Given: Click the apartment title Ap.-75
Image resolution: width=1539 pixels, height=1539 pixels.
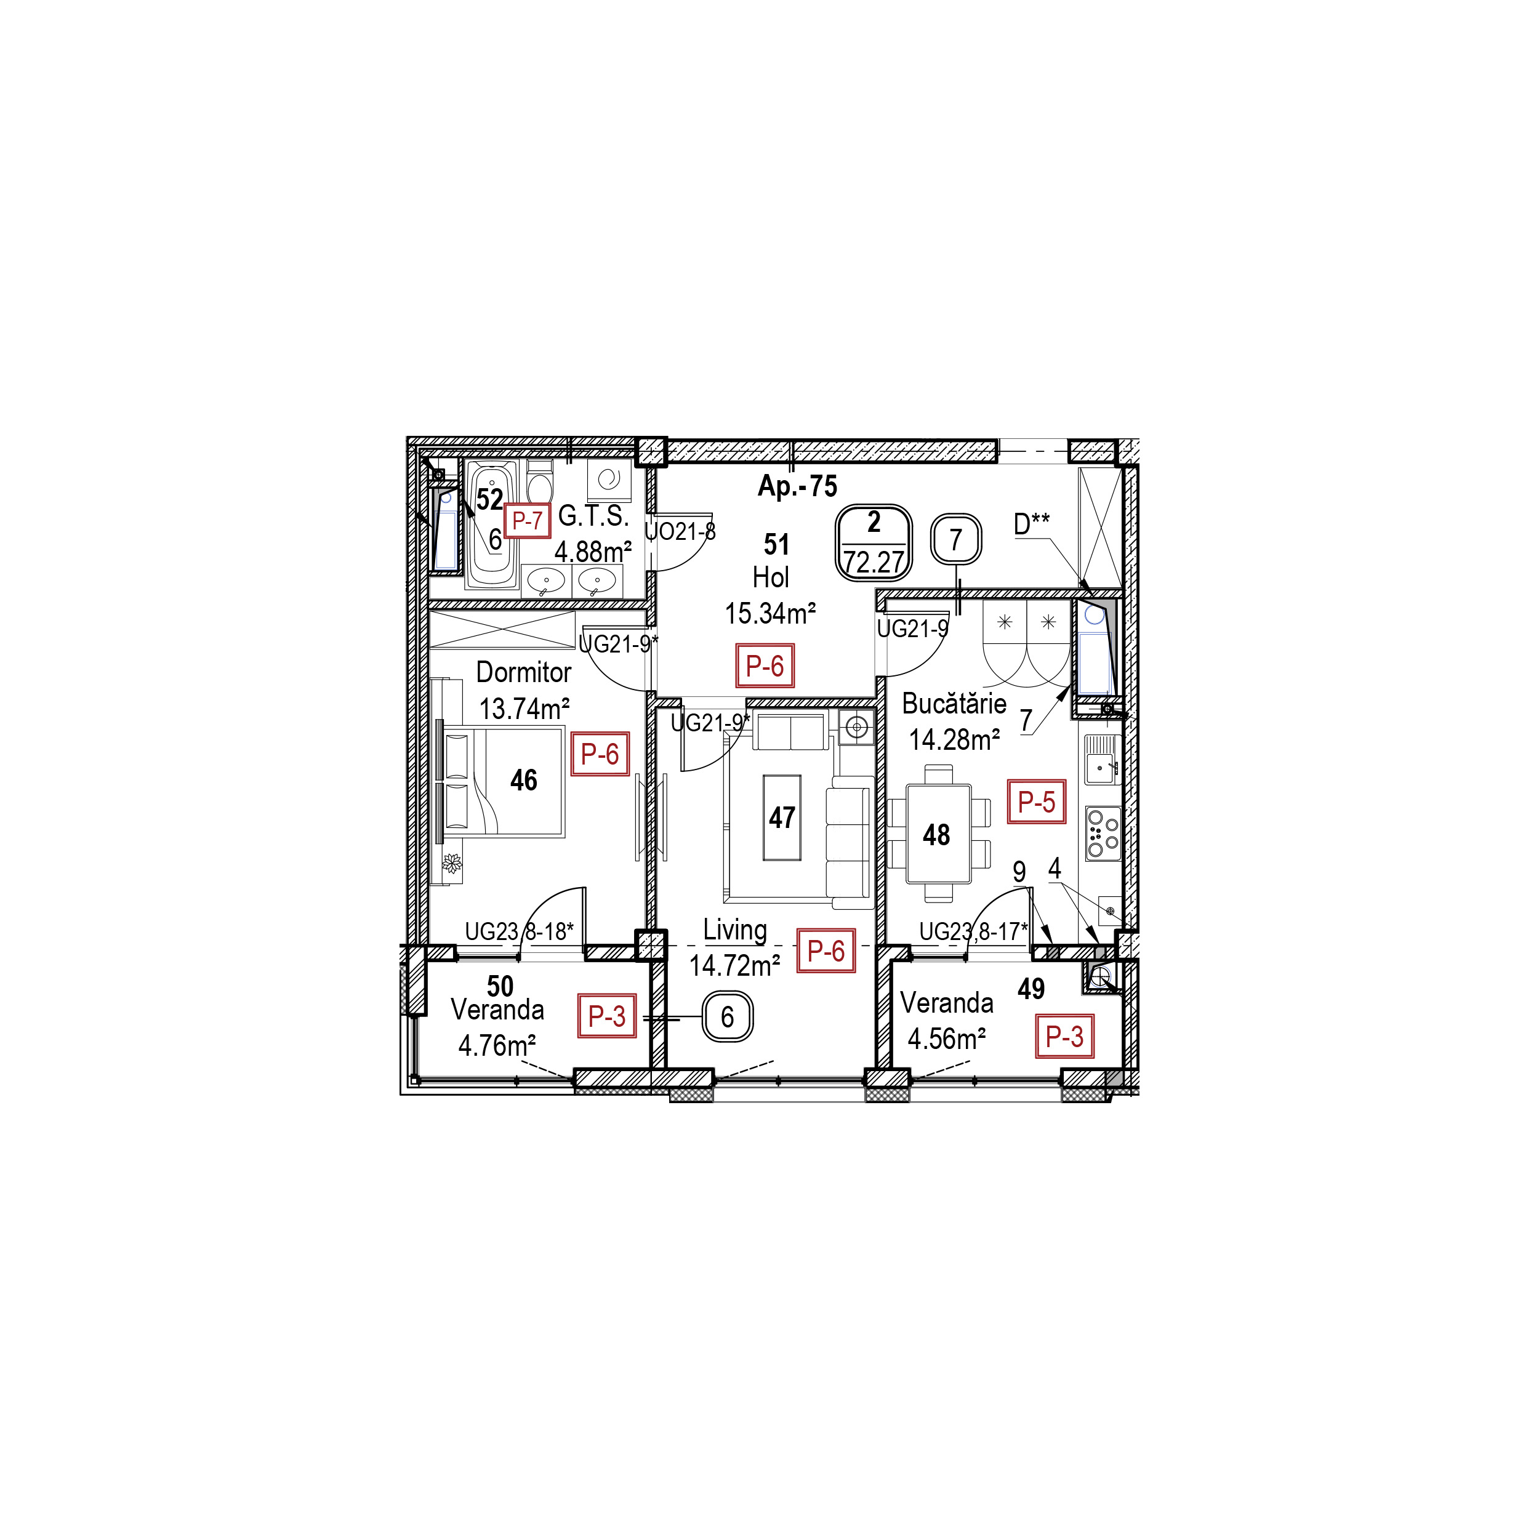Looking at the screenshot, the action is click(x=797, y=486).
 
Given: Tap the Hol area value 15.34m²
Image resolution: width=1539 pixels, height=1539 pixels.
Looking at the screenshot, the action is click(x=770, y=613).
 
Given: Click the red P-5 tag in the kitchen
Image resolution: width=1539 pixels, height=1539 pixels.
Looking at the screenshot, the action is click(x=1036, y=802).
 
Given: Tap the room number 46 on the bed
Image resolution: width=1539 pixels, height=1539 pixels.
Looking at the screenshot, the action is click(x=523, y=780).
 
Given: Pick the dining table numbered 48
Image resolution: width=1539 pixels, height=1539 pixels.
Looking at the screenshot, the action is click(x=938, y=834).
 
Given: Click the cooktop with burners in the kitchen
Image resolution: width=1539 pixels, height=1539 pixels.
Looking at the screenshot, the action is click(x=1103, y=832).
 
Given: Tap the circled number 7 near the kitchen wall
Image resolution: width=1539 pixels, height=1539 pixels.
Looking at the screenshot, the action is click(x=956, y=540).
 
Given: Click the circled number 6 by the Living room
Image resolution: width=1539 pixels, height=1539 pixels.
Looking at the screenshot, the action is click(x=726, y=1016).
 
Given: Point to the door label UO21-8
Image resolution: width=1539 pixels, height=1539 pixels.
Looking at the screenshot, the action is click(x=680, y=531).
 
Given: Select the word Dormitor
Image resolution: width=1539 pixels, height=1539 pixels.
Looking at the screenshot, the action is click(x=523, y=672).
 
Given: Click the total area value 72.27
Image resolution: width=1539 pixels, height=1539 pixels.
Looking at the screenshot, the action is click(x=874, y=563).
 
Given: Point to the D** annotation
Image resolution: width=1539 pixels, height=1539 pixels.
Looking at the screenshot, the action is click(x=1032, y=523).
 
